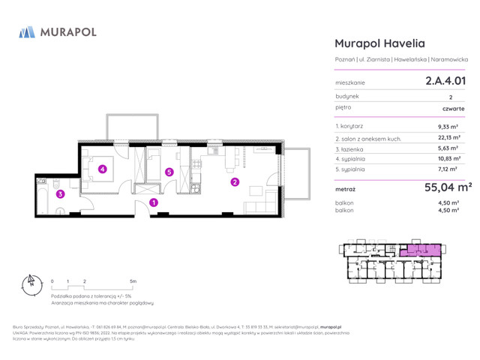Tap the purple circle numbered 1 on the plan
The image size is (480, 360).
tap(154, 202)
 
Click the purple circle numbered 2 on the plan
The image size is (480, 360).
tap(235, 181)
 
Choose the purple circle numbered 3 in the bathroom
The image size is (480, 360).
tap(61, 194)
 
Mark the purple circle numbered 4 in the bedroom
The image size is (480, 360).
tap(103, 169)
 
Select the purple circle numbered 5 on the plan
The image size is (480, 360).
tap(169, 172)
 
